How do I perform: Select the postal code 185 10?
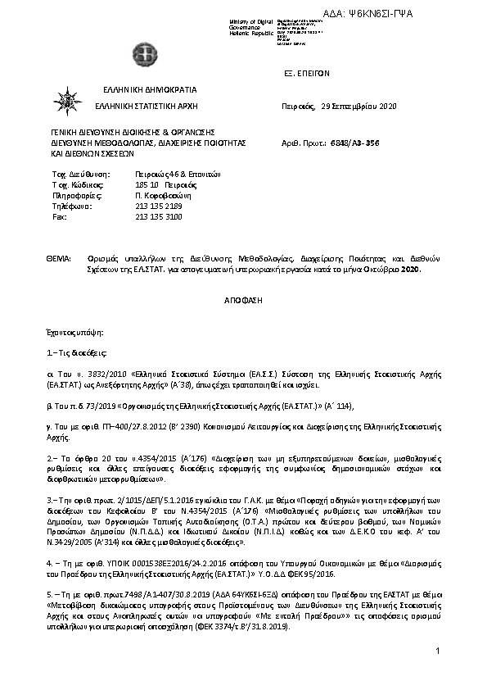point(147,186)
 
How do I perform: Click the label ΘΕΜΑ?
point(61,258)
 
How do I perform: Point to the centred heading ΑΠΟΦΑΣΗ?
point(243,301)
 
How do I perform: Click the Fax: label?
point(59,217)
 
